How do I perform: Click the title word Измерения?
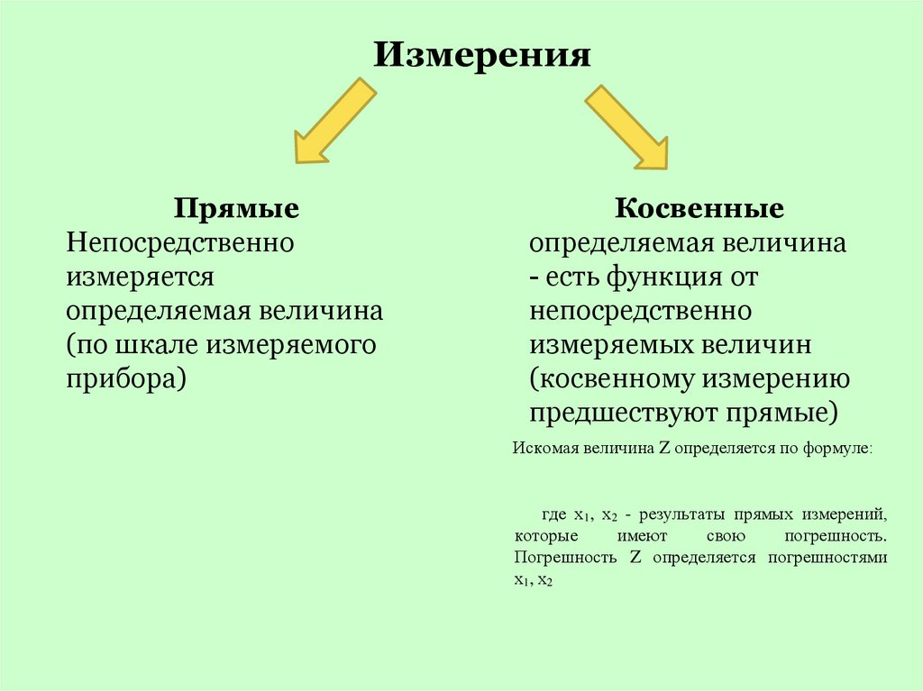(482, 56)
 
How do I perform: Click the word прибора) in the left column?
(125, 377)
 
